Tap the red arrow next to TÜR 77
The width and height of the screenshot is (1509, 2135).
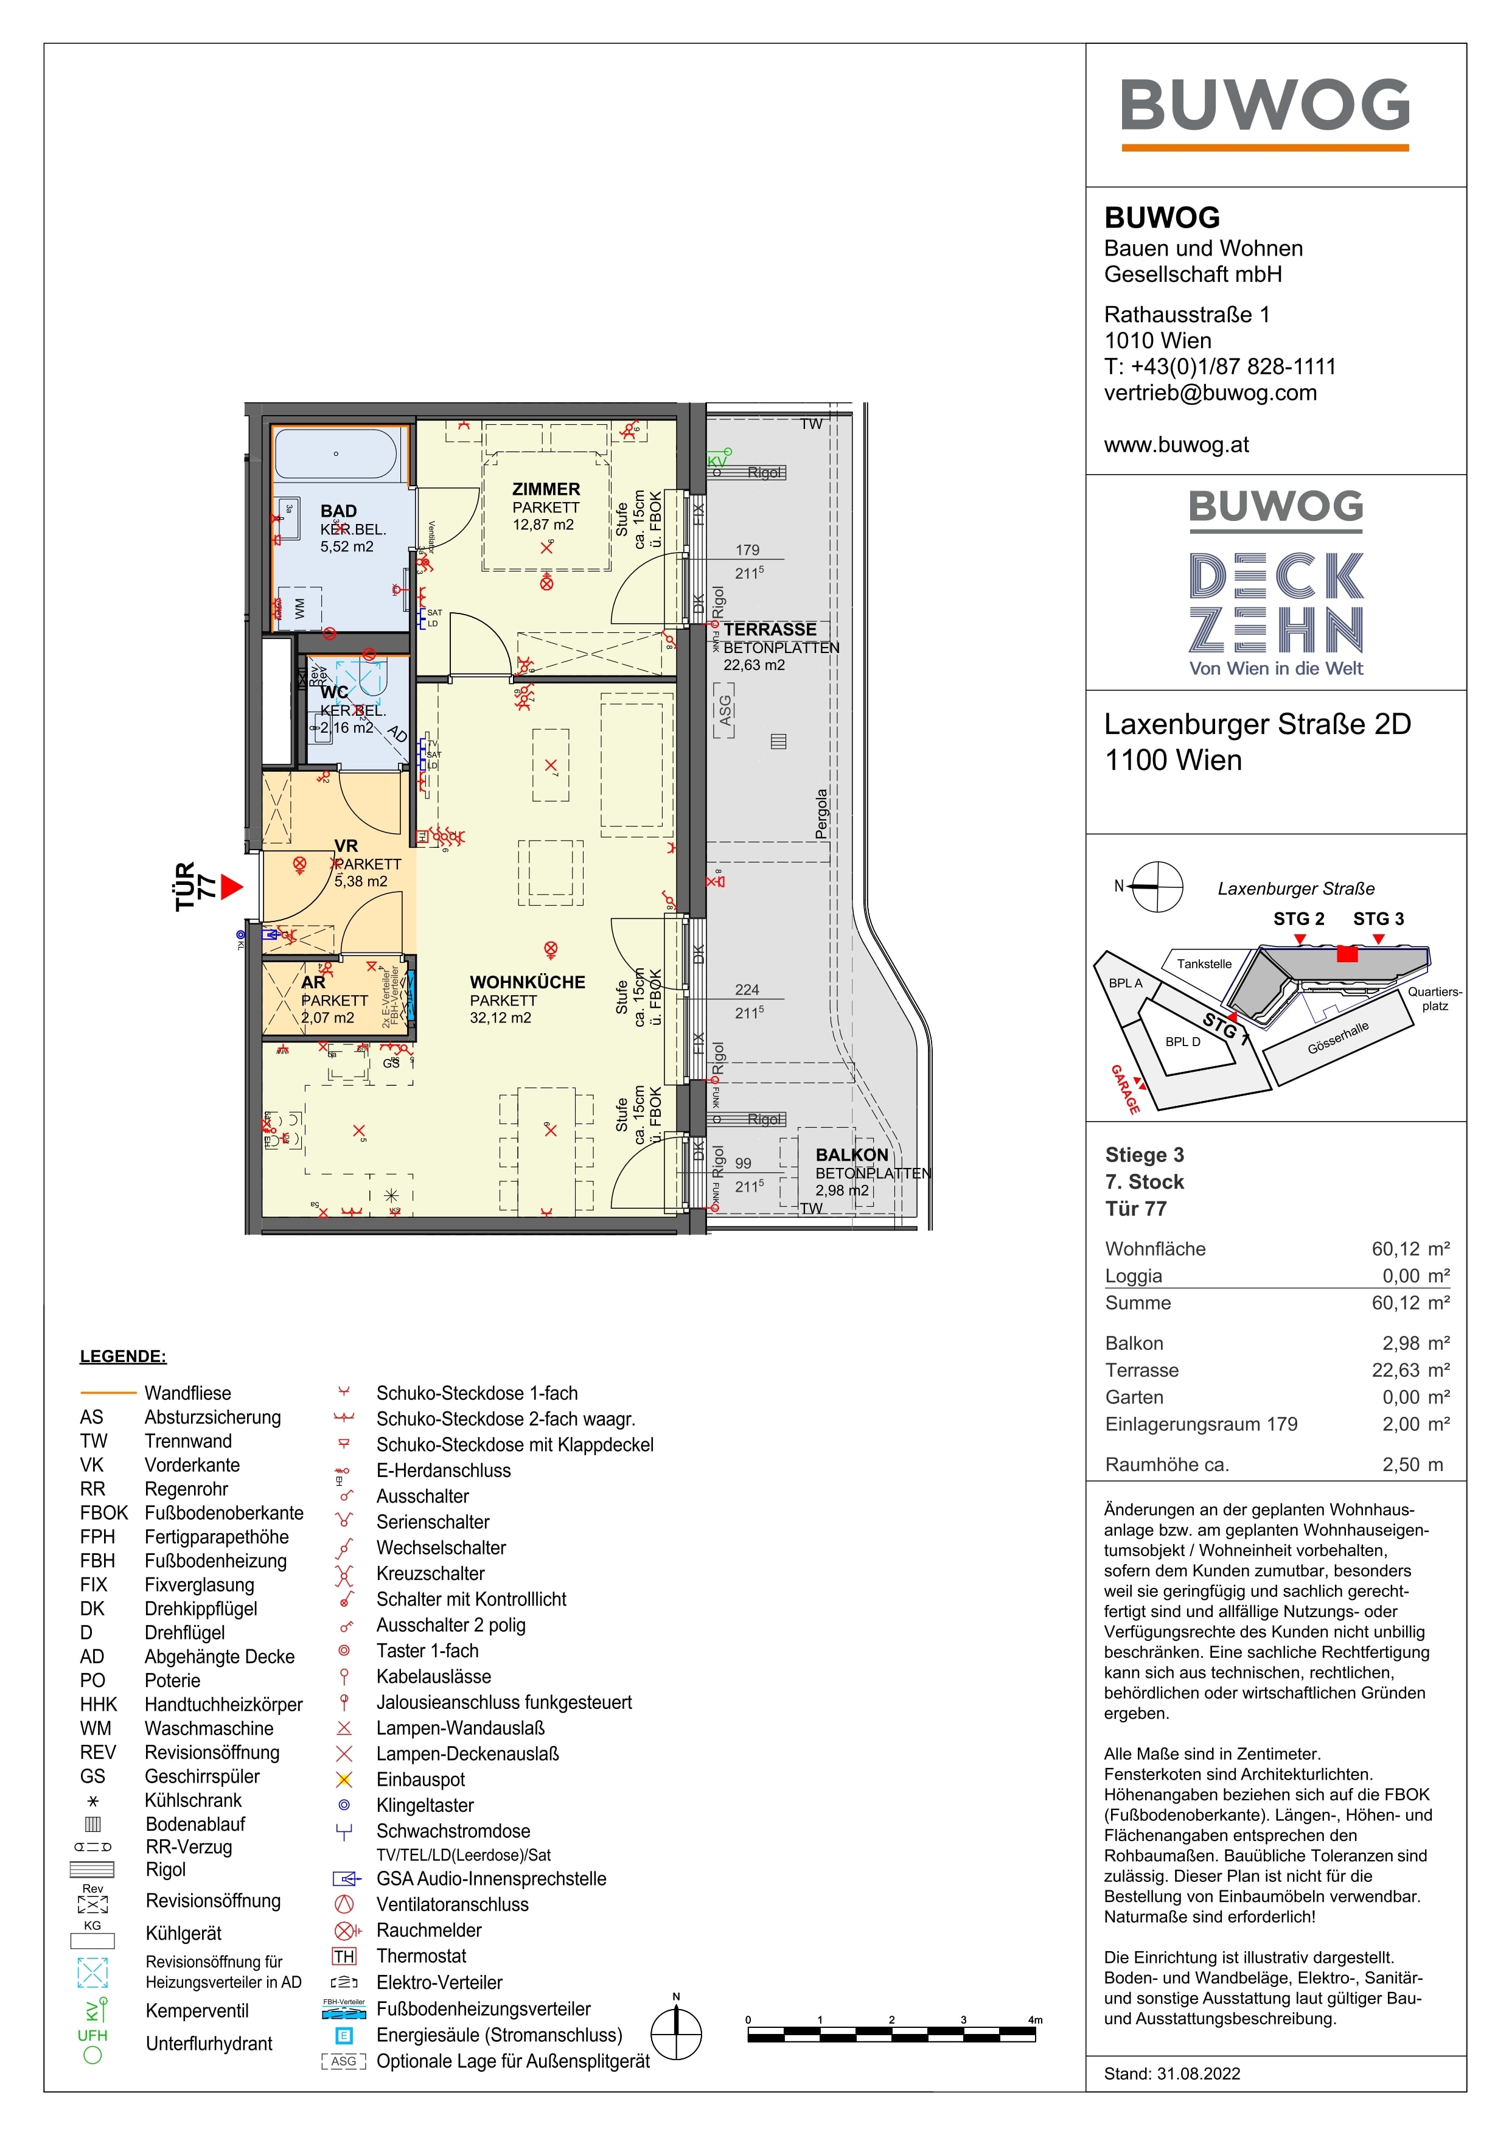[x=231, y=887]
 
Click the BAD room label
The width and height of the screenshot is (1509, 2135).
[x=338, y=511]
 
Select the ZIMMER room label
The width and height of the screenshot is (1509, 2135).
[x=546, y=489]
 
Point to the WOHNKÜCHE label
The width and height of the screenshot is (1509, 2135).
[x=527, y=982]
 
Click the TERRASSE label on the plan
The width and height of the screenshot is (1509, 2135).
[x=770, y=629]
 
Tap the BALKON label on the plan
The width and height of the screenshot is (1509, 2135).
[x=852, y=1155]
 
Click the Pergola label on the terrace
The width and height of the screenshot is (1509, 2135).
[x=821, y=814]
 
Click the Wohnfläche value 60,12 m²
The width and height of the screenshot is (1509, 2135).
[x=1410, y=1249]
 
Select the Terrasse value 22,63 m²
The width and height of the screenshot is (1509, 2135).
[x=1410, y=1370]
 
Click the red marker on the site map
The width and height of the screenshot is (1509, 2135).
[x=1347, y=954]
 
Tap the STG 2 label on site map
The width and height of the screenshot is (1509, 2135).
[x=1298, y=919]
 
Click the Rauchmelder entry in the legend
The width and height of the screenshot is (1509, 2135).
[x=428, y=1931]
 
